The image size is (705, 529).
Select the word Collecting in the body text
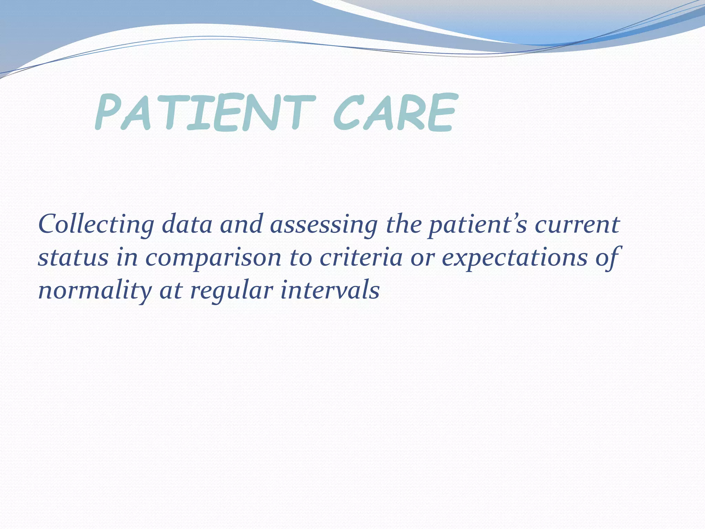click(96, 225)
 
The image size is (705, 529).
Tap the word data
click(187, 225)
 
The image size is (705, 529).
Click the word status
click(73, 258)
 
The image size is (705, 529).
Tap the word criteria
click(361, 258)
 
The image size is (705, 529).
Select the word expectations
click(515, 258)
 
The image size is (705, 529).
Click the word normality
click(95, 291)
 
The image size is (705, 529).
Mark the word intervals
click(330, 291)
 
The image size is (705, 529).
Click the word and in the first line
click(241, 225)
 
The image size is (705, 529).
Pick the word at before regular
click(170, 291)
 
